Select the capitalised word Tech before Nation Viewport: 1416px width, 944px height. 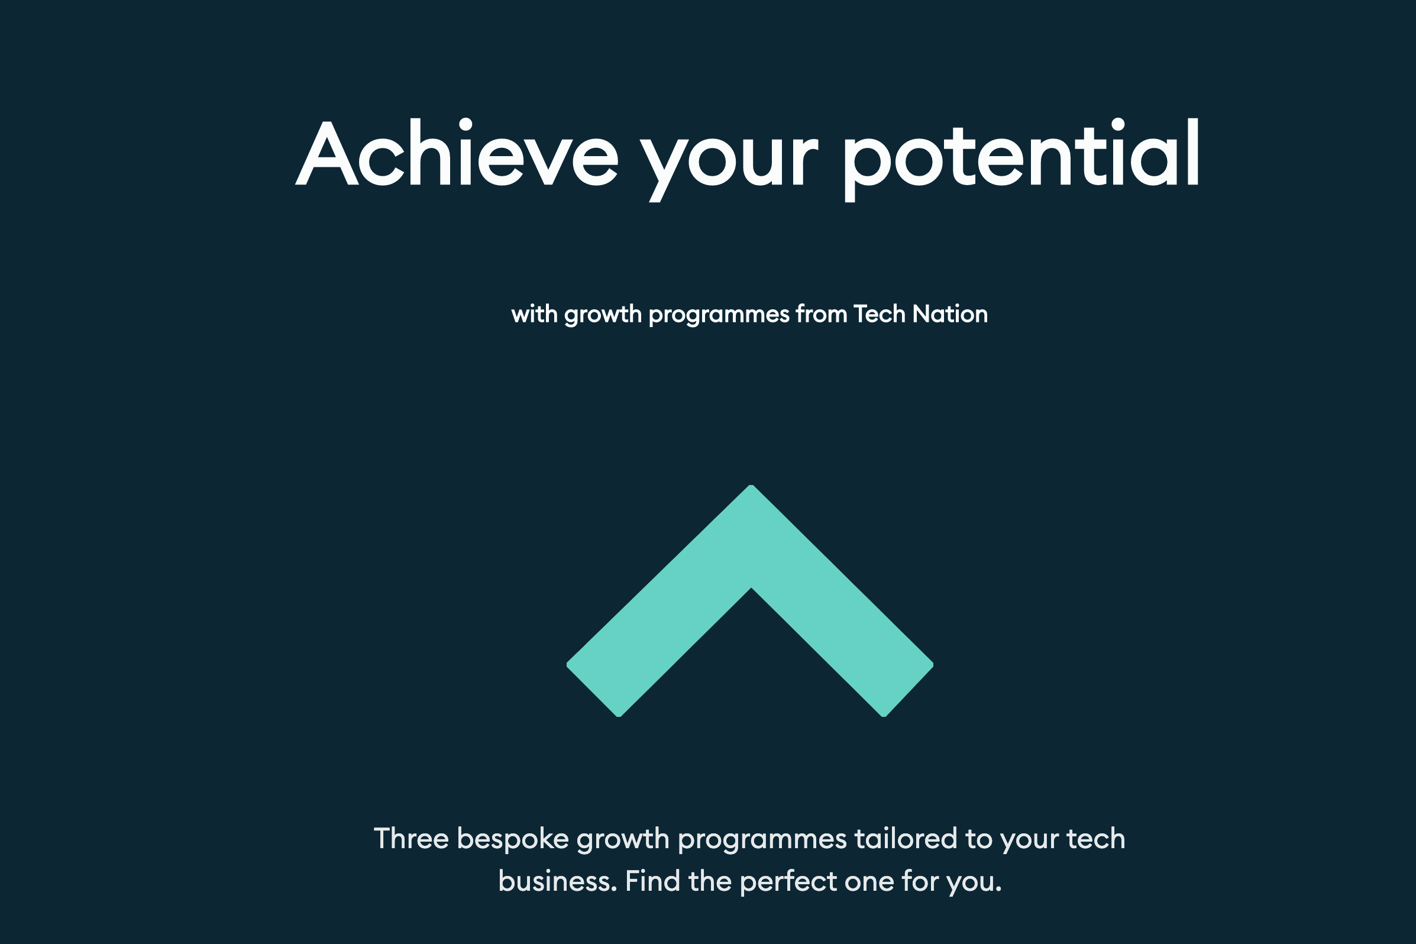(x=880, y=314)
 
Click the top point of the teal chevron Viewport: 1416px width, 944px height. (x=751, y=485)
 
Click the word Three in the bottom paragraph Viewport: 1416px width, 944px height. (x=411, y=839)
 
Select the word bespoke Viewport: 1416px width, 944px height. (x=512, y=840)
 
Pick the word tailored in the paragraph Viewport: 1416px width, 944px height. (x=906, y=839)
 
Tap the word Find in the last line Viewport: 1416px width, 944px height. (x=653, y=881)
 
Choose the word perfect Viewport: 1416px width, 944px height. (x=788, y=883)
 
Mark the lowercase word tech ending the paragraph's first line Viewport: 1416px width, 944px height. (x=1095, y=839)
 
